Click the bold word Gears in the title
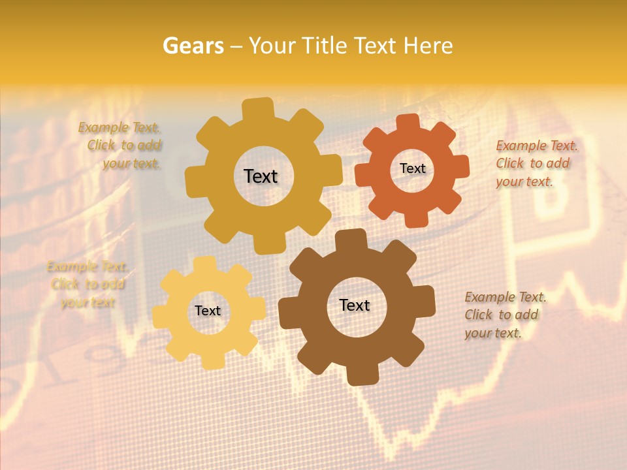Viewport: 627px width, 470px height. [x=193, y=46]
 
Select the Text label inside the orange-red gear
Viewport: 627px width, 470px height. [x=412, y=168]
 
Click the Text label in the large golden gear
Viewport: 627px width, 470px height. [x=261, y=176]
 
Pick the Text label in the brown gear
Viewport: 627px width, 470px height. [x=355, y=305]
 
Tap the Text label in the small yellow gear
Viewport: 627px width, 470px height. [x=208, y=311]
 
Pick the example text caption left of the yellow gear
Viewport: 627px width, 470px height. [x=88, y=284]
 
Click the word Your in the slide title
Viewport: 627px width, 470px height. [x=274, y=46]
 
